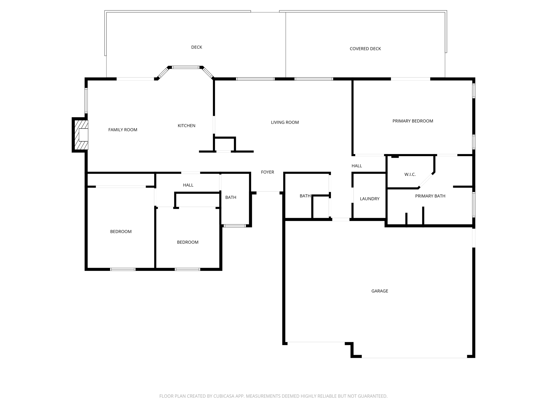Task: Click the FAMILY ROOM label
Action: (123, 130)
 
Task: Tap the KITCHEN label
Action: (186, 126)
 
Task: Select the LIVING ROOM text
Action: (285, 123)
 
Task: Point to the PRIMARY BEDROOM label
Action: (413, 121)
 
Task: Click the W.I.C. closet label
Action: (410, 175)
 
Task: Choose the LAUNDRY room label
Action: (369, 199)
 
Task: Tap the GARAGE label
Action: (380, 291)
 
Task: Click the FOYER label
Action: (267, 172)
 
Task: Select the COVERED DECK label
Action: (365, 49)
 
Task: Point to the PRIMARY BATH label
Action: (430, 196)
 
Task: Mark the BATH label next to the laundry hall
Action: (305, 196)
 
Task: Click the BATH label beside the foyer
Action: (230, 198)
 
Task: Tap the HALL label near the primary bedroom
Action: (357, 166)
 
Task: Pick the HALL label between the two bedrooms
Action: (188, 185)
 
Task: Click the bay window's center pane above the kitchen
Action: (186, 67)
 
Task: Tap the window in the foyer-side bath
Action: (235, 226)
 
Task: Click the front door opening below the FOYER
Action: (268, 191)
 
